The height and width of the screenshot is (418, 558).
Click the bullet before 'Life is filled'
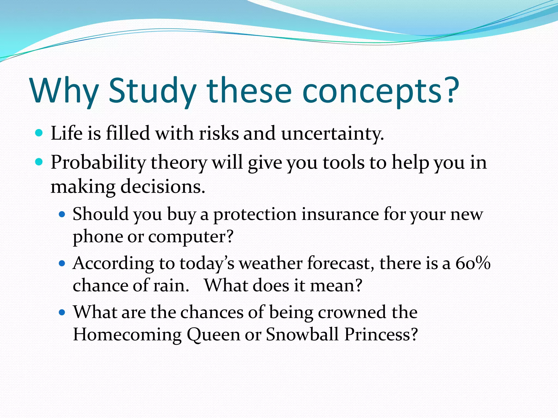pos(40,133)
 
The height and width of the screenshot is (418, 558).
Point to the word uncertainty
pos(332,134)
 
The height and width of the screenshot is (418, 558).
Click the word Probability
pos(98,163)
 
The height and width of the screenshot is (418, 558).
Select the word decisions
pos(163,187)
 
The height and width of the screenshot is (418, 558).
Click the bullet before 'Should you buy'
pos(62,214)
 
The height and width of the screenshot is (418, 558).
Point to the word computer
pos(191,237)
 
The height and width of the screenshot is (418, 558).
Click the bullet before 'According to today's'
pos(62,263)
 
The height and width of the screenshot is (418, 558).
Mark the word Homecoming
pos(127,334)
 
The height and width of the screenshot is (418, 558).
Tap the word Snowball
pos(302,334)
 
